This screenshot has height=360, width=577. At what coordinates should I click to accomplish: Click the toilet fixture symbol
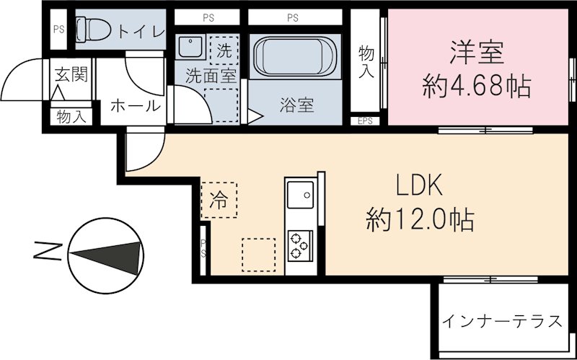[x=92, y=30]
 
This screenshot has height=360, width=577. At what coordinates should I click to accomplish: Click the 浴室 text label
[x=296, y=105]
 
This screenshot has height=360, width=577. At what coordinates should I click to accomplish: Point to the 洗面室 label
[x=211, y=75]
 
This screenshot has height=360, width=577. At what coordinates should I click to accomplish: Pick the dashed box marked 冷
[x=218, y=199]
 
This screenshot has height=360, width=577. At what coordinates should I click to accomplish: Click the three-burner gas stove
[x=299, y=245]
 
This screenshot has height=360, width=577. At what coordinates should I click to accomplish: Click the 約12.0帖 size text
[x=420, y=218]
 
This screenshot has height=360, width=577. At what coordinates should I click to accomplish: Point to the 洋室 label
[x=477, y=53]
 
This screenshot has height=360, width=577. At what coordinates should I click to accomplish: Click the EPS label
[x=365, y=120]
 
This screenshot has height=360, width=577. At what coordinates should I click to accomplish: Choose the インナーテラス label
[x=502, y=321]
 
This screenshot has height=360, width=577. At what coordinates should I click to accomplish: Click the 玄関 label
[x=71, y=74]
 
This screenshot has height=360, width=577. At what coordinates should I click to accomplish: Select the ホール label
[x=135, y=106]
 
